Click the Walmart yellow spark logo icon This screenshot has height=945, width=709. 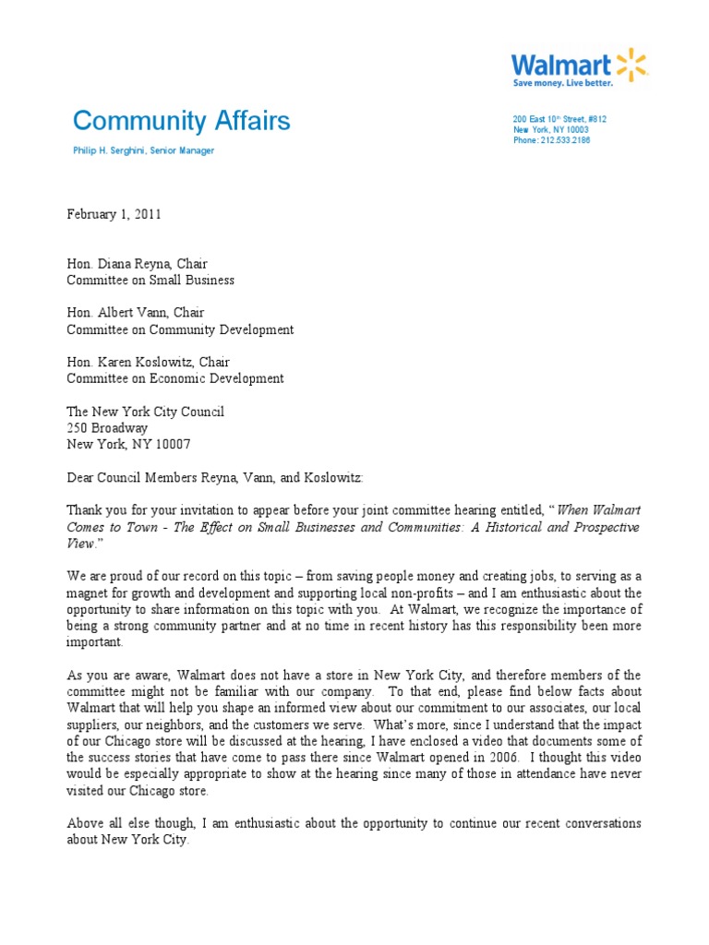(632, 65)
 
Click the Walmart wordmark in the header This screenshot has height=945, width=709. (562, 65)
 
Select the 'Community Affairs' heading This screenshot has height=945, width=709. (181, 121)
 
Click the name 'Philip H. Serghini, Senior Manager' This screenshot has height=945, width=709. (143, 150)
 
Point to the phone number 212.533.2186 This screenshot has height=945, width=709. (567, 140)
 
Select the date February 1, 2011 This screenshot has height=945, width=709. (114, 214)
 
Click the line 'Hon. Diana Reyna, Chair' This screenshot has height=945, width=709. (137, 264)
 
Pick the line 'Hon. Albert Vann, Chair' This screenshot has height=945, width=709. (135, 313)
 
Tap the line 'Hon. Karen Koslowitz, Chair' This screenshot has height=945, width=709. (148, 362)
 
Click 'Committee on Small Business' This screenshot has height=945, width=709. (150, 280)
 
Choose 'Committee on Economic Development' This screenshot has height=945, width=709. (174, 378)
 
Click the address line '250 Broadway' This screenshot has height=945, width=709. (107, 428)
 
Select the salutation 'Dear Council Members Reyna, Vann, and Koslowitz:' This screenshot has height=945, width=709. (215, 477)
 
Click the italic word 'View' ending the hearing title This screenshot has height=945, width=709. (81, 544)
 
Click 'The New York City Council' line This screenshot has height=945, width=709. (145, 412)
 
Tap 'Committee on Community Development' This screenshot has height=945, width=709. (180, 329)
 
